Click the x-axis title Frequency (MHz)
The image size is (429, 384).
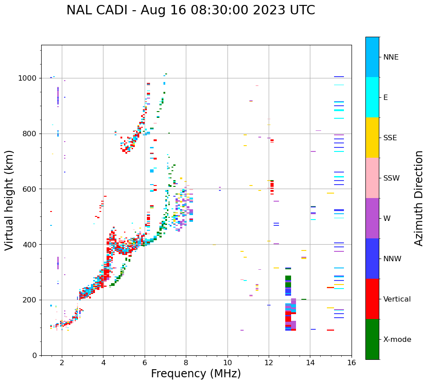click(196, 374)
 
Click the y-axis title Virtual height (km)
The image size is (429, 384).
click(9, 200)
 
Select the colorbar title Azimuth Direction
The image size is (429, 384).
click(419, 198)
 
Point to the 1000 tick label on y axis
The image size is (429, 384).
click(27, 78)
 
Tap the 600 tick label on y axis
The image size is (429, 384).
click(29, 189)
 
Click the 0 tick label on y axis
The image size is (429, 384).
click(34, 355)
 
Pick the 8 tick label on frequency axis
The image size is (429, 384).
click(186, 362)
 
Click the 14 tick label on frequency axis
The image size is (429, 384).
click(310, 362)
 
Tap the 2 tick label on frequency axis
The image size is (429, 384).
click(62, 362)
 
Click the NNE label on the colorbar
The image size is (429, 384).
click(391, 57)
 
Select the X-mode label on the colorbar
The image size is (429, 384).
click(397, 340)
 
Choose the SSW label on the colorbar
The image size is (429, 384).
click(391, 178)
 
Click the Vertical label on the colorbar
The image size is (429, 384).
click(397, 299)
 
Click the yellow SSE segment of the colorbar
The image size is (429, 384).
click(372, 138)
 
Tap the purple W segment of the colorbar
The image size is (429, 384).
click(372, 218)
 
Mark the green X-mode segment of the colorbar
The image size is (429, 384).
click(372, 339)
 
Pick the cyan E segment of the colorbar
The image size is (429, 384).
click(372, 97)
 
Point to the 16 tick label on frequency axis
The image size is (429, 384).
click(352, 362)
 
